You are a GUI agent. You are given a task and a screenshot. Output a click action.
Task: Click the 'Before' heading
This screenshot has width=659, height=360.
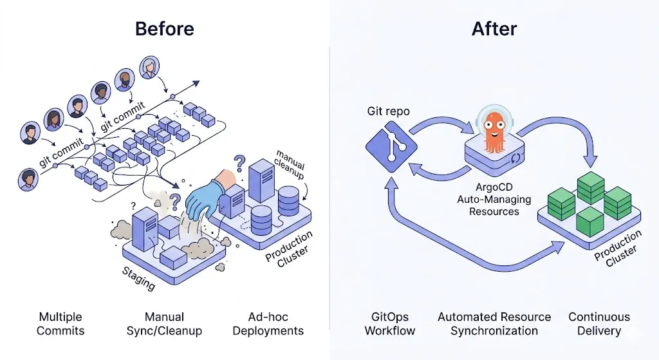(x=164, y=29)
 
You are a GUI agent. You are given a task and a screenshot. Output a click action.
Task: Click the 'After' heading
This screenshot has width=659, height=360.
(x=494, y=29)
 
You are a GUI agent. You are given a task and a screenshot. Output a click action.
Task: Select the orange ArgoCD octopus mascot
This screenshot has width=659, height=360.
(x=494, y=128)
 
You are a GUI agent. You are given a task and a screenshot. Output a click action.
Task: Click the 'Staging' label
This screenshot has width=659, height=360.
(x=138, y=278)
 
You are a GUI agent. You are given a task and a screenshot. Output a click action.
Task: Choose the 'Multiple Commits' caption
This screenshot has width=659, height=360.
(x=60, y=324)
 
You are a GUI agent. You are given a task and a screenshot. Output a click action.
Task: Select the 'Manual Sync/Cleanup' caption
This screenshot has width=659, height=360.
(x=164, y=324)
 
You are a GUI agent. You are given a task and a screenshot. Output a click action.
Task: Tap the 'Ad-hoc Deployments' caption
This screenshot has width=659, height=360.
(x=268, y=324)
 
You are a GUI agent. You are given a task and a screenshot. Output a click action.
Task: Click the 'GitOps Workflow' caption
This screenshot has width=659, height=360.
(x=390, y=324)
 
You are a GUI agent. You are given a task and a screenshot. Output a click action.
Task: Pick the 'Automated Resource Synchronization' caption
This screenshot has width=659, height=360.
(x=494, y=324)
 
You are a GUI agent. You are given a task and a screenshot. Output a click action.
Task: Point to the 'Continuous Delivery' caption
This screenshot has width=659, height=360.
(x=599, y=324)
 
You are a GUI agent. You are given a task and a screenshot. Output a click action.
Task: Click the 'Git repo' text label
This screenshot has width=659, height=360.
(x=389, y=111)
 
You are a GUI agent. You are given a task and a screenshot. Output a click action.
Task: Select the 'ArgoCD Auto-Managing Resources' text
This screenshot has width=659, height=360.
(x=494, y=200)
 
